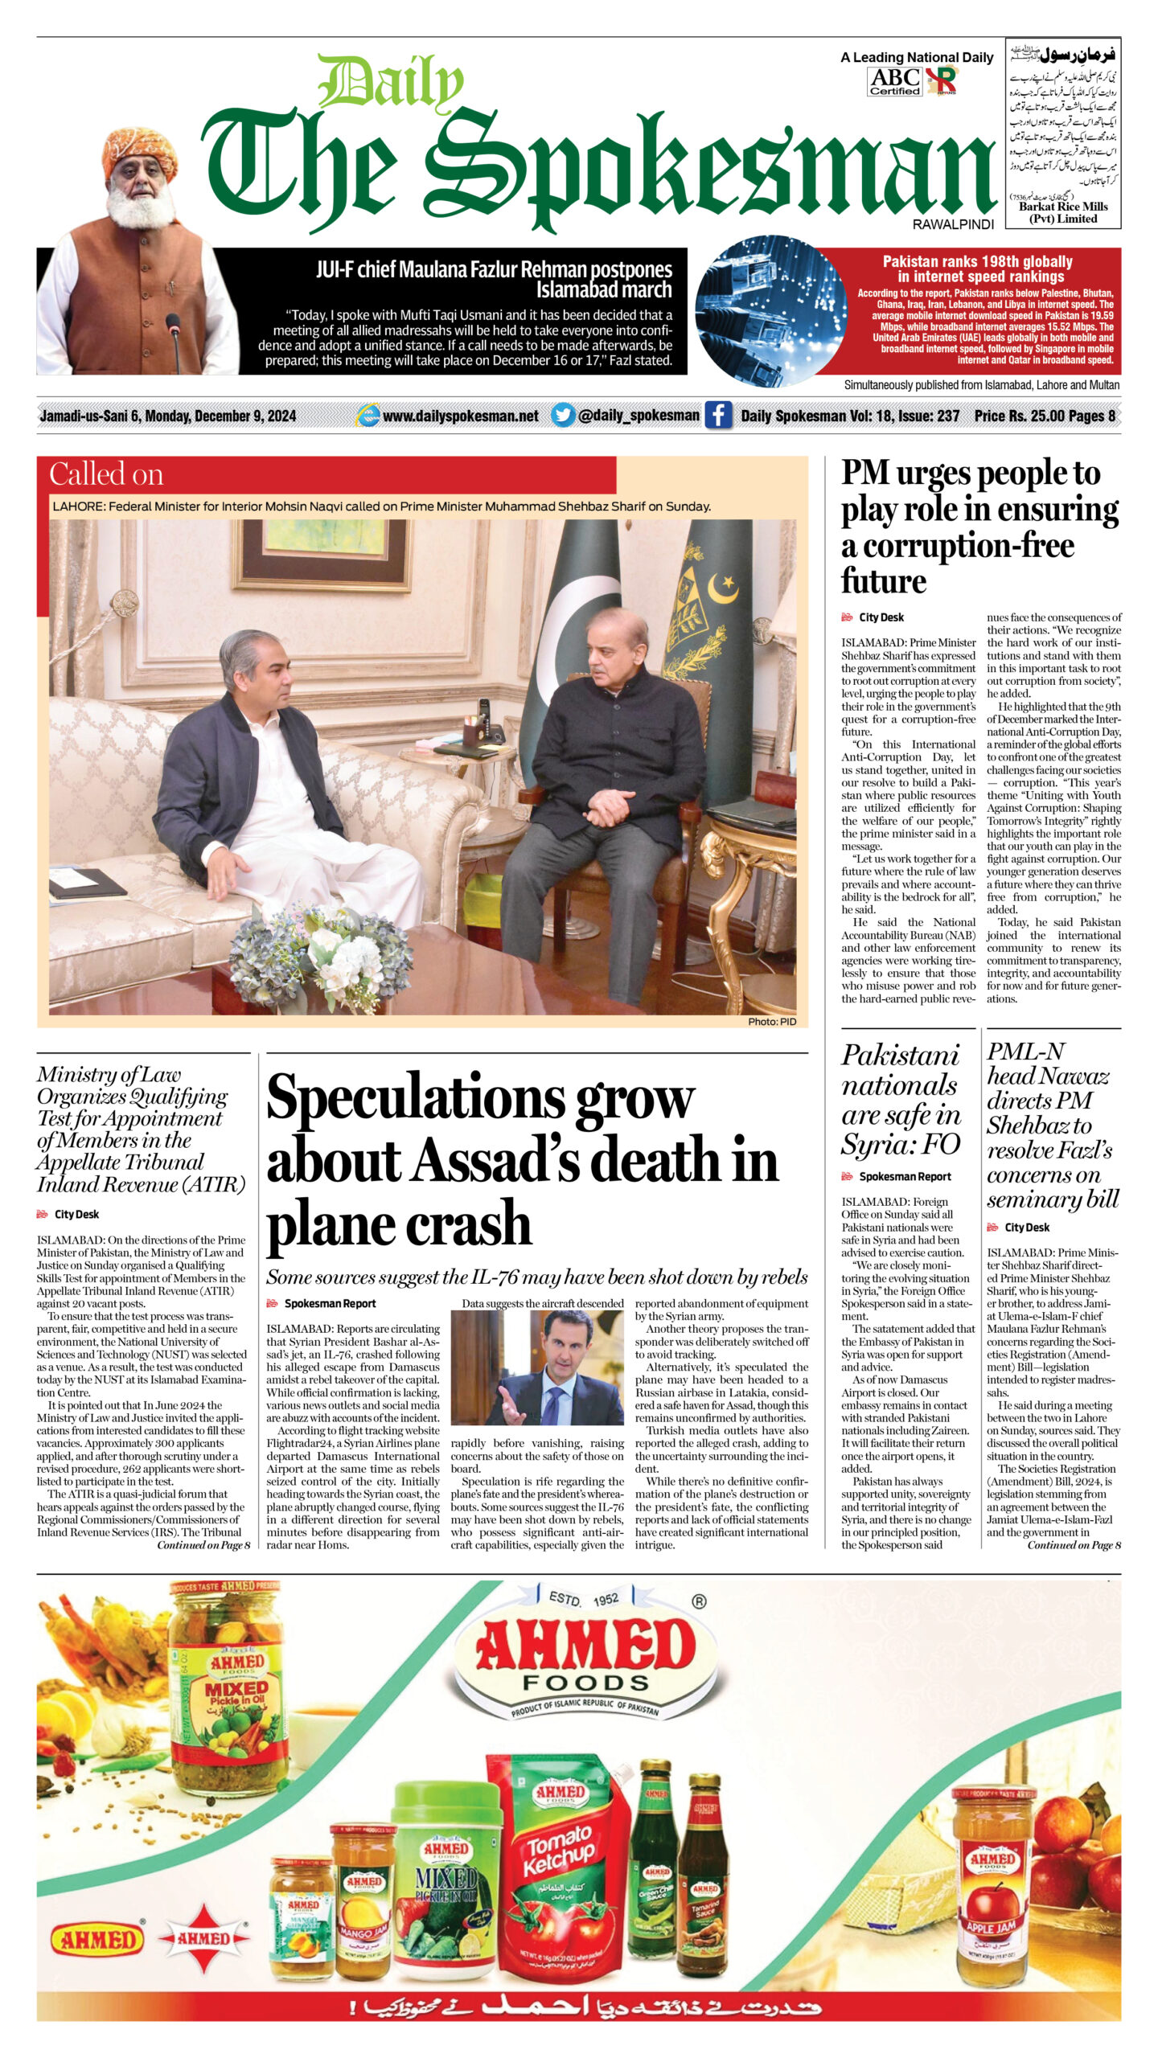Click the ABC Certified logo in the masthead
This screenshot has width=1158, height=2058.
(894, 80)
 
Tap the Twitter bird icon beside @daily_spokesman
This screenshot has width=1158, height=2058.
(563, 415)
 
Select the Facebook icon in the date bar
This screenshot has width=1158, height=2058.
(717, 415)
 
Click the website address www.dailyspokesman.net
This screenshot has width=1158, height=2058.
(460, 416)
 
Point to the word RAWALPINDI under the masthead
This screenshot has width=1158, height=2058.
(953, 225)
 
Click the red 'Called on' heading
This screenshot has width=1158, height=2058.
(106, 474)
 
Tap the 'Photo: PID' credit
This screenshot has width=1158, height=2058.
(771, 1021)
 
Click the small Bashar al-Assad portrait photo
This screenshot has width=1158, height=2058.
(536, 1367)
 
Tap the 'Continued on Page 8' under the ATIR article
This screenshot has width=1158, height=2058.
(203, 1545)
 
